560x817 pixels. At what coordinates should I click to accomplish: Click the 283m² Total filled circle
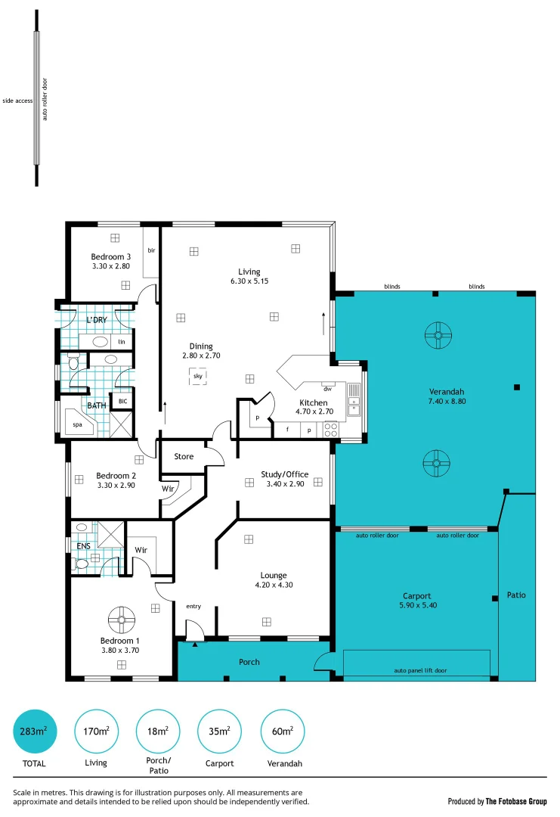35,732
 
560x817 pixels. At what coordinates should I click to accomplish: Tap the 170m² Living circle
96,732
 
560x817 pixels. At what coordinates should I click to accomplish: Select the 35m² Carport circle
220,732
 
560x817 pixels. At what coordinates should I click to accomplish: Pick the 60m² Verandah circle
281,732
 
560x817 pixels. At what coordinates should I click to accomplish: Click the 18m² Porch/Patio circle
158,732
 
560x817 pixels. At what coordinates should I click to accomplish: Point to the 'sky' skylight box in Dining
198,376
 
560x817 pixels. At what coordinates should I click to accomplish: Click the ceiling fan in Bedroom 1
121,620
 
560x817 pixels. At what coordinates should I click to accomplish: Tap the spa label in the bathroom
77,425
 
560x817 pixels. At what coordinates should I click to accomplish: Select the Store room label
184,456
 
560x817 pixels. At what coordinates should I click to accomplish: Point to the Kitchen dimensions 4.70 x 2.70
312,413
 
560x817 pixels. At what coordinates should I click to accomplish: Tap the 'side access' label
17,100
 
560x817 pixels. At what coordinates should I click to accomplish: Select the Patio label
516,595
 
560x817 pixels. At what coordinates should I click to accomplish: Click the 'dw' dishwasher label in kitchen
327,389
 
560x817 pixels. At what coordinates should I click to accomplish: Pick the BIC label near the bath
122,401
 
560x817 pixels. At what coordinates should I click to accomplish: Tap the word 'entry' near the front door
193,606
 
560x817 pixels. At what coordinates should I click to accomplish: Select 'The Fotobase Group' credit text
517,801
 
